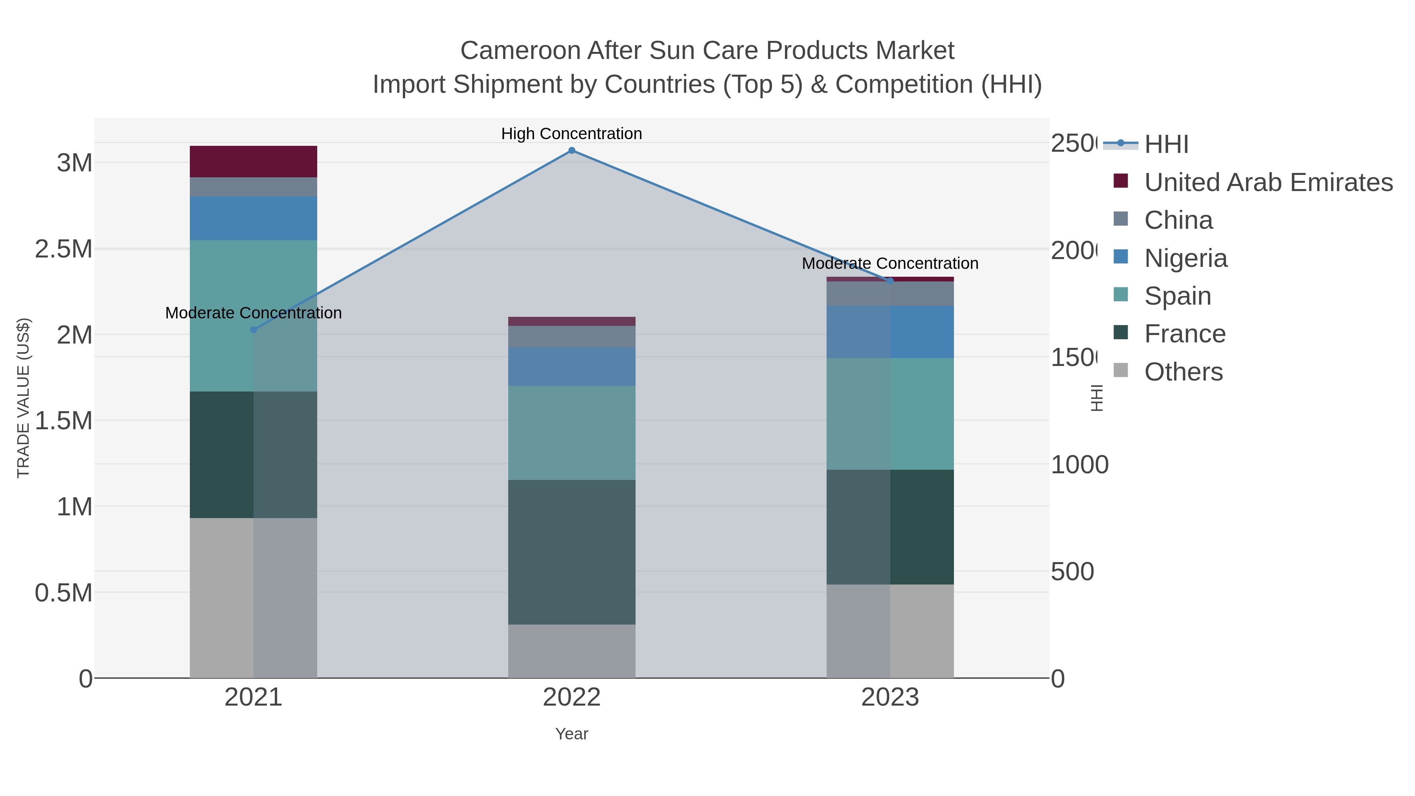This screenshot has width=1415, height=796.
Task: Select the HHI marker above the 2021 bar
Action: (253, 330)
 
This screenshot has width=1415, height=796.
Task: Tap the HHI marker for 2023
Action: (890, 281)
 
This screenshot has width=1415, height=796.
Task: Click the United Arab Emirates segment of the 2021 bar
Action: (253, 162)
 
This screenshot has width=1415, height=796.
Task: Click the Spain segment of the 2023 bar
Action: (890, 414)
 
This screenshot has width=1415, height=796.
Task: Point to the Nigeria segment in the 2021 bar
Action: (253, 218)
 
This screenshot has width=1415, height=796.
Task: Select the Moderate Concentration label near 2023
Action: (890, 263)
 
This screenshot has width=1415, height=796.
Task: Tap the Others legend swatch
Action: (1121, 371)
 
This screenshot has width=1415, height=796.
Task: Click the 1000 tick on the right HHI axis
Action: (1079, 465)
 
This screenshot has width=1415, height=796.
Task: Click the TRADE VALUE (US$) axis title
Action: (23, 398)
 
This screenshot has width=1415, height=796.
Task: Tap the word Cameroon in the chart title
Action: (520, 51)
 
